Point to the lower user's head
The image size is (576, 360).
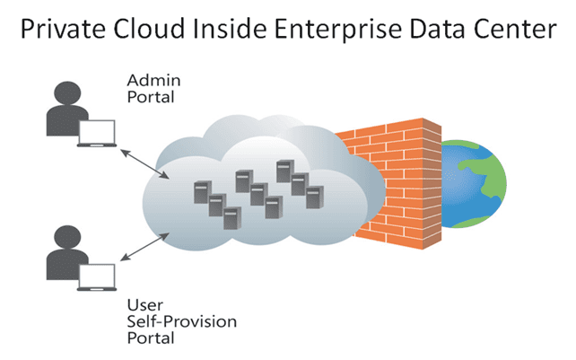(64, 238)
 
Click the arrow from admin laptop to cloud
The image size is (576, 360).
(139, 159)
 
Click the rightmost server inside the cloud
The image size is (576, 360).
(314, 197)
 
